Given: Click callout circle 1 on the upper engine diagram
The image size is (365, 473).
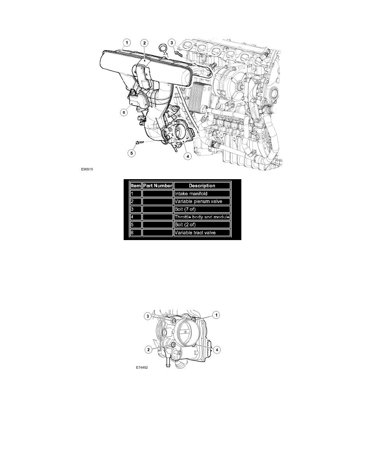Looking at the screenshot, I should click(x=126, y=42).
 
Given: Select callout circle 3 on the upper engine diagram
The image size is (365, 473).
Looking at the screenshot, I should click(x=171, y=42).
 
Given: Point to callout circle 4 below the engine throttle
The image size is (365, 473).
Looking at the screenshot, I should click(x=187, y=156).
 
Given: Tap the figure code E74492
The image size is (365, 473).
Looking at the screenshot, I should click(x=142, y=368).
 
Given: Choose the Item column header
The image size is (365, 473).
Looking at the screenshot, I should click(x=136, y=186).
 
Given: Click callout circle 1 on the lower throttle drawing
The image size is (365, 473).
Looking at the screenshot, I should click(x=217, y=315).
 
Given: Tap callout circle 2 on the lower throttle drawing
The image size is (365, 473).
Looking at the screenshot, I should click(x=148, y=349).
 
